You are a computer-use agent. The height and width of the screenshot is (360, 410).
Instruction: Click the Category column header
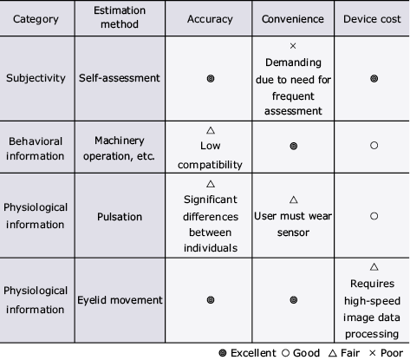coord(36,19)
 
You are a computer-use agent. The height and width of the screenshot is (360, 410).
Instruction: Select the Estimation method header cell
coord(120,17)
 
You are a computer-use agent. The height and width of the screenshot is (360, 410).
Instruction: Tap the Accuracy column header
coord(210,19)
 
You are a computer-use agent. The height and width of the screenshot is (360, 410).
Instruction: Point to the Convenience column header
coord(293,19)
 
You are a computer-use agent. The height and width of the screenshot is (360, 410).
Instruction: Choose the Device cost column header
coord(372,19)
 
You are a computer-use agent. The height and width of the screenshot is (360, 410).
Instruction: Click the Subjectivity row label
coord(36,78)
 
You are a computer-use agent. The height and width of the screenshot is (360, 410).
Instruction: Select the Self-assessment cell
coord(120,78)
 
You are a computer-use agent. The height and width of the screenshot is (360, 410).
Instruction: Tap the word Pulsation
coord(120,217)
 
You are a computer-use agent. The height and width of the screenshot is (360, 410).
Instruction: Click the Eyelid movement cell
coord(120,300)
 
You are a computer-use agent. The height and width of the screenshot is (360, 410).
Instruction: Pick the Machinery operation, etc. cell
coord(120,148)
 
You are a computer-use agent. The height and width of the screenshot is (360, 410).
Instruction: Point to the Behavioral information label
coord(36,148)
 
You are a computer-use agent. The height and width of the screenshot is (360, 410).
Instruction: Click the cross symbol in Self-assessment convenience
coord(293,46)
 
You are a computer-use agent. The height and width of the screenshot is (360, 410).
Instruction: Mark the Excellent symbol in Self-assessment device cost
coord(374,79)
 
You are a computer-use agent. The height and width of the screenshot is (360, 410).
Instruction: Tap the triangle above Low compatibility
coord(211,130)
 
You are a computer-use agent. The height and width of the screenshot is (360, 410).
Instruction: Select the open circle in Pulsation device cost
coord(374,216)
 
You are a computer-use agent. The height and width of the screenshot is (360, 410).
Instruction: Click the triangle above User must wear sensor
coord(294,200)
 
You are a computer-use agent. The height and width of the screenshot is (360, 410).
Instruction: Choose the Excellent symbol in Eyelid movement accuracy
coord(211,300)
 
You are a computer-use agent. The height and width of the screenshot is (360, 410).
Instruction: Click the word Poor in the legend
coord(392,353)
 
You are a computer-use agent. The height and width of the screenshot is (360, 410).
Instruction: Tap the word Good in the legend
coord(306,353)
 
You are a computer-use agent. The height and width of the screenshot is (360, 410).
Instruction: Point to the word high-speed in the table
coord(372,301)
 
